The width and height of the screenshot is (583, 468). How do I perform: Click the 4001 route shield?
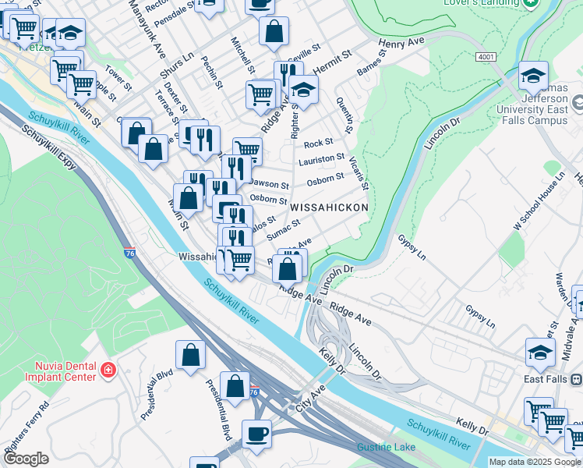click(485, 58)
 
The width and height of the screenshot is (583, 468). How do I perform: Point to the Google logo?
click(26, 458)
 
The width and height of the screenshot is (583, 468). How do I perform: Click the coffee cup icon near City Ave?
click(256, 433)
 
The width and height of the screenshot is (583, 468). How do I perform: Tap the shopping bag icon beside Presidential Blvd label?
click(190, 355)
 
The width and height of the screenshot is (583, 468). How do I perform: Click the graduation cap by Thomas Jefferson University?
click(533, 75)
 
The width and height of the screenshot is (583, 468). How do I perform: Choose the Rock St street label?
click(318, 143)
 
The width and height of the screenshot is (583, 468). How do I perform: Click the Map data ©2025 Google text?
click(535, 461)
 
